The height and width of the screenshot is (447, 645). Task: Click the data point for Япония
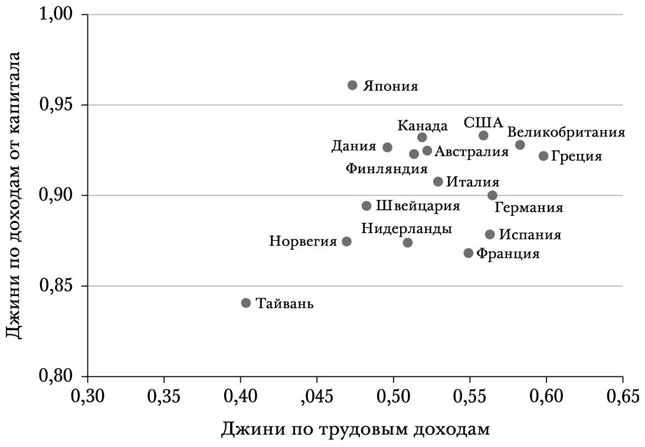point(352,86)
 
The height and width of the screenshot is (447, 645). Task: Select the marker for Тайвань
point(246,303)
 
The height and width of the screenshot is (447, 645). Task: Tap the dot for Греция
point(543,156)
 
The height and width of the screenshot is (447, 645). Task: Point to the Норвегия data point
point(347,242)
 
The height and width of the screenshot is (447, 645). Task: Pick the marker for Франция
point(469,253)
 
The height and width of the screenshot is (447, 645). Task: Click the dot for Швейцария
point(366,206)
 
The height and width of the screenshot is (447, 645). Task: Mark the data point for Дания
point(387,147)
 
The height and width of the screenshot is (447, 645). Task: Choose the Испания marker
point(490,235)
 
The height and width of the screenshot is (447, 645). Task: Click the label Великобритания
point(566,132)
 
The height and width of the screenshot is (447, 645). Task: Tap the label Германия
point(528,208)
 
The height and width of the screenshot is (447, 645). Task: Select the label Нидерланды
point(407,228)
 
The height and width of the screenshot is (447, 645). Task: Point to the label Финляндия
point(387,169)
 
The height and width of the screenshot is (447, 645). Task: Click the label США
point(483,123)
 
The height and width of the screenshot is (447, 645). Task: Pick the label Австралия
point(472,152)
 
